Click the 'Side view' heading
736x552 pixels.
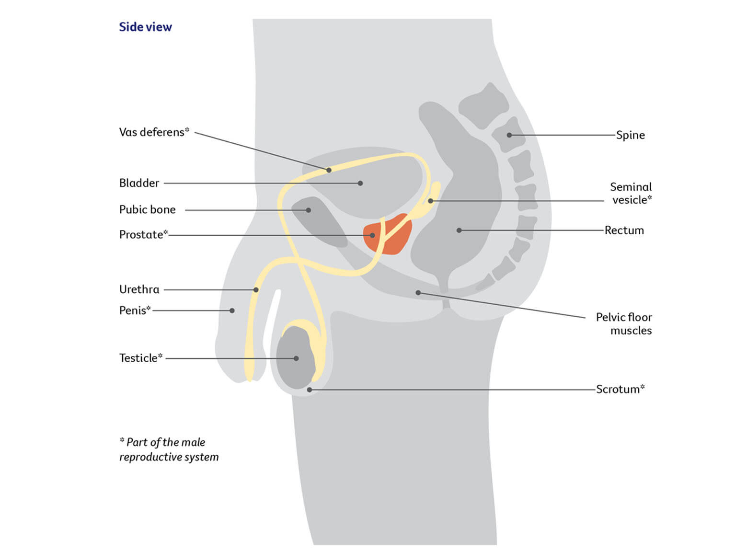pos(145,27)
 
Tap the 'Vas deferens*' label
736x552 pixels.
pos(154,132)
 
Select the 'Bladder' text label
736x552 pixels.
pos(139,183)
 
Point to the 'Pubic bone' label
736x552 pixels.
pos(147,210)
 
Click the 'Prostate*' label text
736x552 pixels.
pos(143,235)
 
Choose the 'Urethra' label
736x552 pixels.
pos(139,289)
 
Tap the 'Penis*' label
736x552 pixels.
pos(135,310)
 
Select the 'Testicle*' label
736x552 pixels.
pos(140,358)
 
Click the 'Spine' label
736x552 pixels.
pos(630,135)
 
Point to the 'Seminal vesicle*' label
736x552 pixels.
pos(631,194)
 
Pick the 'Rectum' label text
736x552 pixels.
pos(624,230)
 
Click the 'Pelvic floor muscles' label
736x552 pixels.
pos(624,324)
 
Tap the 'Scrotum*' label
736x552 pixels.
pos(620,389)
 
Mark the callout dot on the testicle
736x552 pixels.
pos(296,358)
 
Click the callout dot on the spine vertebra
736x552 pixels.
pos(509,135)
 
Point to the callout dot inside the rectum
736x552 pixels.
pos(459,230)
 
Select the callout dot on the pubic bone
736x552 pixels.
pos(309,210)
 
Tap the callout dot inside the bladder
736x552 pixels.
pos(360,183)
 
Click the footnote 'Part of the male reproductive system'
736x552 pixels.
pos(169,449)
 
